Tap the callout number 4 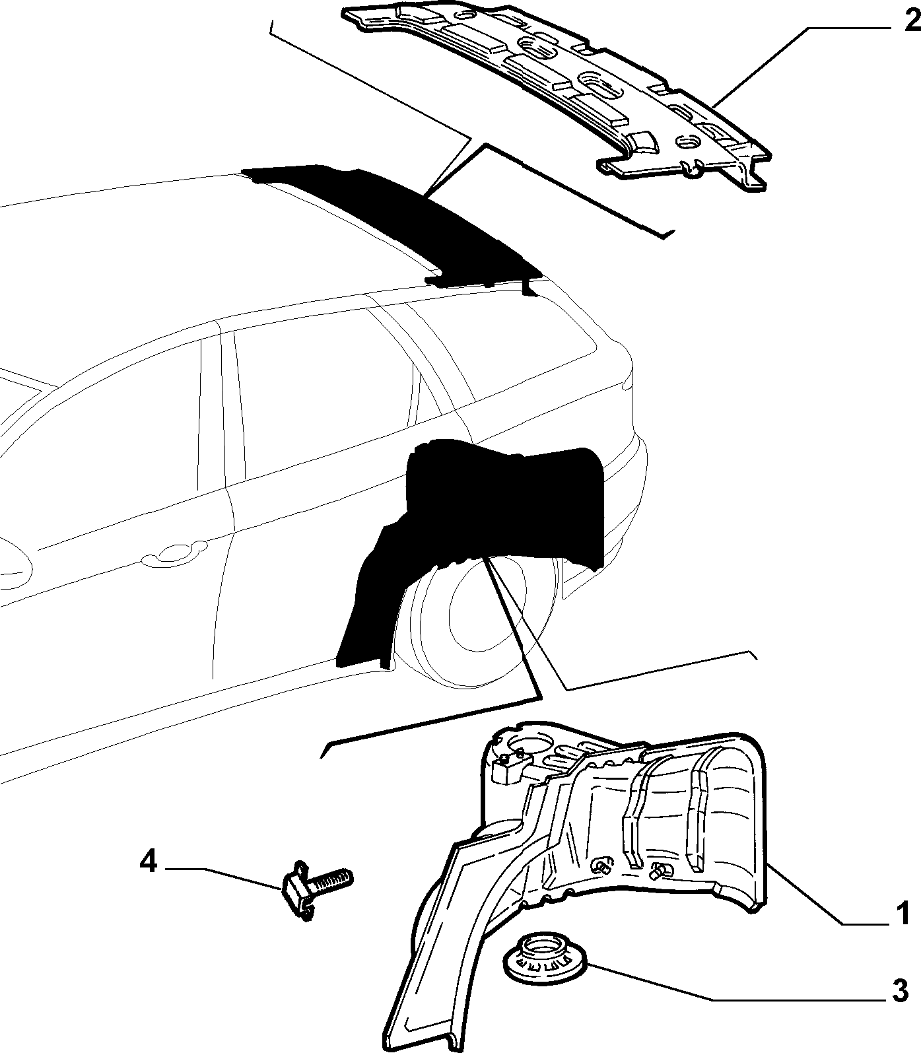[x=149, y=862]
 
